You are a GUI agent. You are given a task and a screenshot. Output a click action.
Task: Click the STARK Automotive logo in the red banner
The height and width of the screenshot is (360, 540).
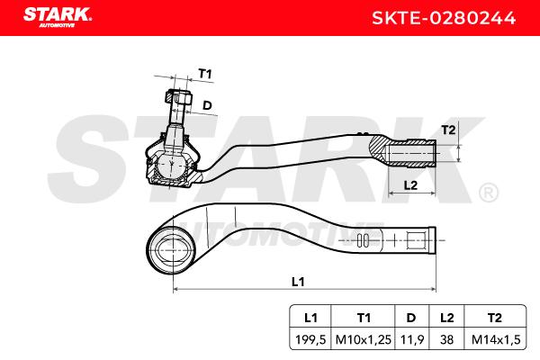58,17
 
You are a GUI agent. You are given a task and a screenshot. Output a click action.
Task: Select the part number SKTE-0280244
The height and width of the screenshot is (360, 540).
444,18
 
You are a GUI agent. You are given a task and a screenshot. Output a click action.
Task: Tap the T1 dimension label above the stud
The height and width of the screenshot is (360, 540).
205,74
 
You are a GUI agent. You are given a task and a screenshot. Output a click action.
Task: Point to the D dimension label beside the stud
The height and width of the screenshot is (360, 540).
207,105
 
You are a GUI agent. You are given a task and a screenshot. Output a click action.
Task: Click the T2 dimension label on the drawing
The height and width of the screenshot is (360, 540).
448,130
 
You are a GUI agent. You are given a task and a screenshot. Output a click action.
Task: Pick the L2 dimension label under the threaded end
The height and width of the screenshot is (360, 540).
410,185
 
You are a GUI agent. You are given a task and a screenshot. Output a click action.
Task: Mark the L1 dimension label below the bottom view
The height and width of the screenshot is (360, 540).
298,282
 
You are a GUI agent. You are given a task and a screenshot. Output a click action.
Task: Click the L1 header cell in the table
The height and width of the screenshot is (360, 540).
310,318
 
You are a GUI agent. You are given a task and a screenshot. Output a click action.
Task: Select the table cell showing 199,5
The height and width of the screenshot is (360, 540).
310,339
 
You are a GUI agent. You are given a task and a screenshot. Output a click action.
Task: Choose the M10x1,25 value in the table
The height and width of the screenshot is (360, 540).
364,339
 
